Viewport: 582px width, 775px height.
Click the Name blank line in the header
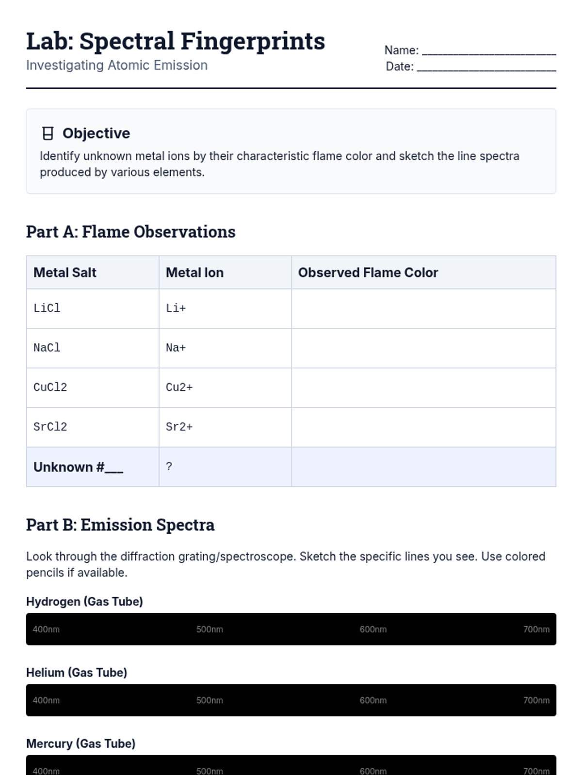pyautogui.click(x=489, y=51)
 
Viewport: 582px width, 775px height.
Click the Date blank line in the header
pyautogui.click(x=486, y=68)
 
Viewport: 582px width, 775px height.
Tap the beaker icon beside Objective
pyautogui.click(x=48, y=133)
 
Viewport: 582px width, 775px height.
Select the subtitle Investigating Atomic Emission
pyautogui.click(x=117, y=65)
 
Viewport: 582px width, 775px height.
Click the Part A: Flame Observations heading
pyautogui.click(x=130, y=232)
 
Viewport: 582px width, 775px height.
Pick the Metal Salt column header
pyautogui.click(x=65, y=273)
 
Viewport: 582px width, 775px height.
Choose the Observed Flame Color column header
pyautogui.click(x=368, y=273)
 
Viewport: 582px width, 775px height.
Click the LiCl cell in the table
pyautogui.click(x=47, y=308)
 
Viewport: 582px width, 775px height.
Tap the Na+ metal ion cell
pyautogui.click(x=176, y=348)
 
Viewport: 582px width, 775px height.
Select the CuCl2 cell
pyautogui.click(x=50, y=387)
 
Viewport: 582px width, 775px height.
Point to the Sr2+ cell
pyautogui.click(x=179, y=427)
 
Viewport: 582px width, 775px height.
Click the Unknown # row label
pyautogui.click(x=78, y=467)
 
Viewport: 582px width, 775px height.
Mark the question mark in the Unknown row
pyautogui.click(x=169, y=466)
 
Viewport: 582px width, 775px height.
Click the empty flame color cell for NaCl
pyautogui.click(x=423, y=348)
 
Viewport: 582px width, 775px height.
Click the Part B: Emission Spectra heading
pyautogui.click(x=120, y=525)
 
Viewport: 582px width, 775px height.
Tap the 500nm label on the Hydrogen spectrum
pyautogui.click(x=210, y=629)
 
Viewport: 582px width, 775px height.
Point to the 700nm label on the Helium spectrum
pyautogui.click(x=536, y=700)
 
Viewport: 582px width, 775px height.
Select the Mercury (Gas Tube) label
pyautogui.click(x=81, y=744)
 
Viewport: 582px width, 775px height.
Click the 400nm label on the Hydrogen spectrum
pyautogui.click(x=46, y=629)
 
